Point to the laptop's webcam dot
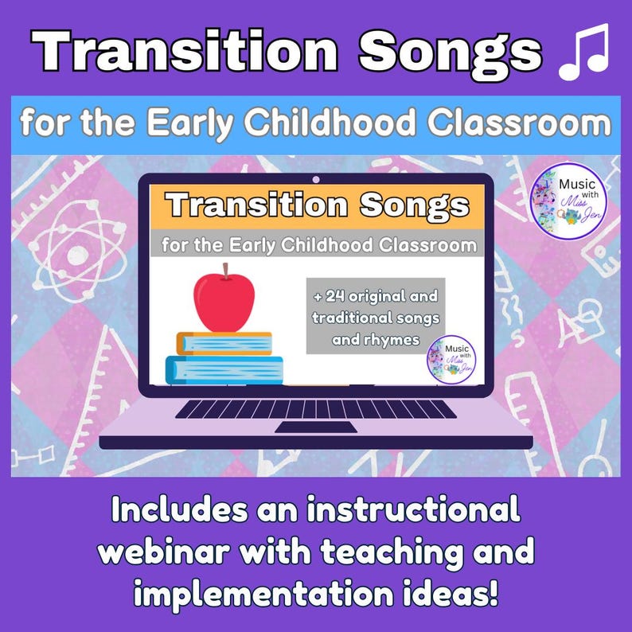click(315, 179)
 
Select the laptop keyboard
click(315, 408)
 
